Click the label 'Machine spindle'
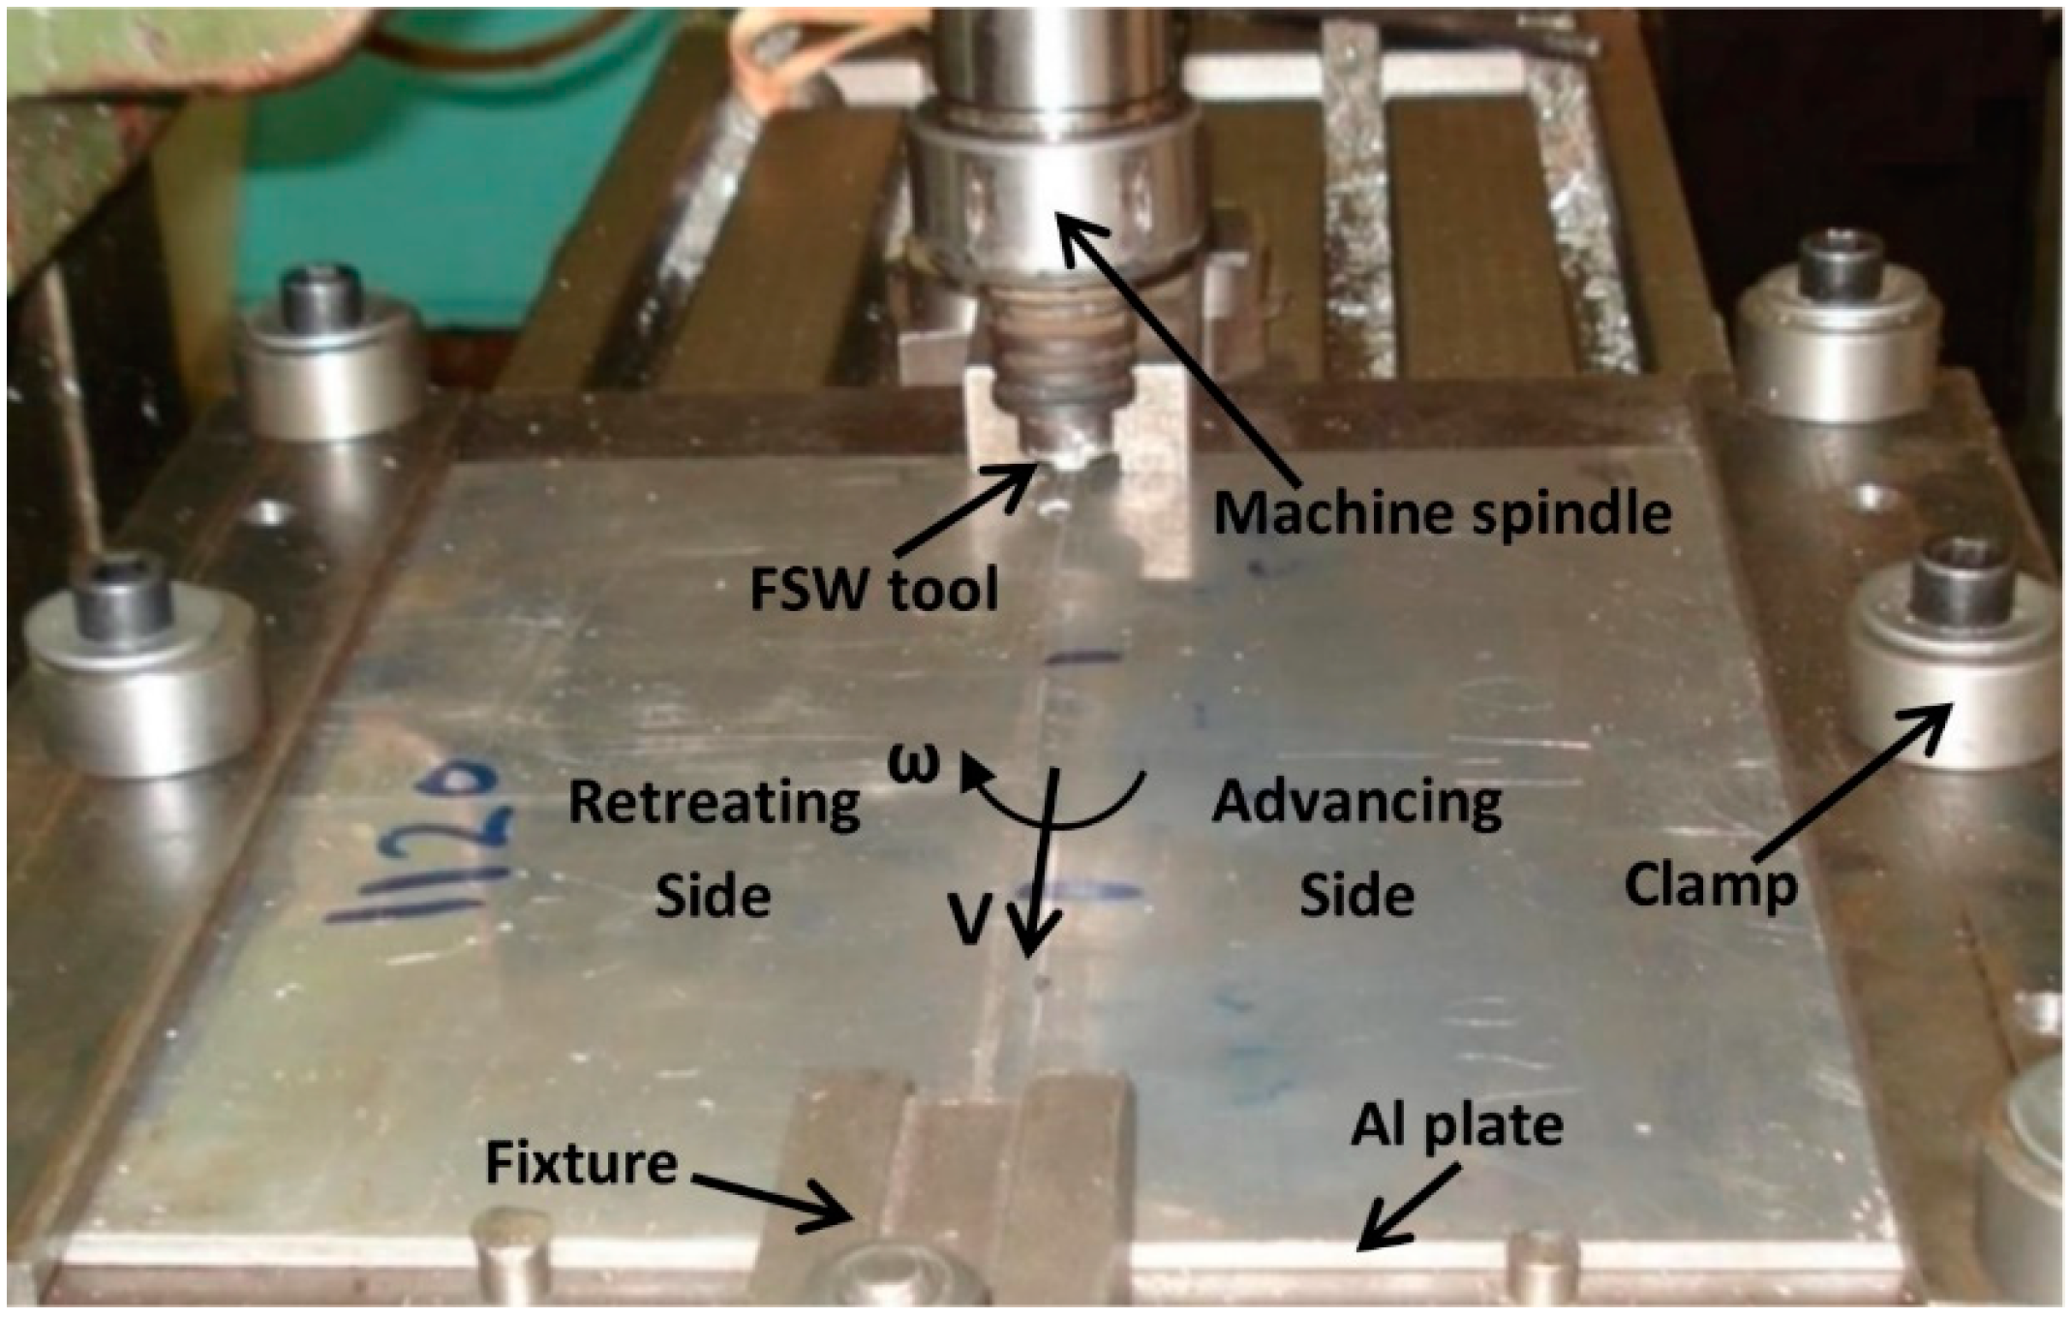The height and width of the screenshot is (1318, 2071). [1442, 513]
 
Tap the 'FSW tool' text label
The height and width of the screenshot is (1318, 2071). [873, 588]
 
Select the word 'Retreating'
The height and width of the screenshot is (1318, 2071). [714, 803]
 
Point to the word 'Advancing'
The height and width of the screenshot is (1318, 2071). [1356, 803]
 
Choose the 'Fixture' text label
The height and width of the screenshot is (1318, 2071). [581, 1163]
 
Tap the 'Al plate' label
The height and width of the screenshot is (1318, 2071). [1456, 1126]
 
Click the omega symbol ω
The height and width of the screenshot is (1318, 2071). [914, 762]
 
